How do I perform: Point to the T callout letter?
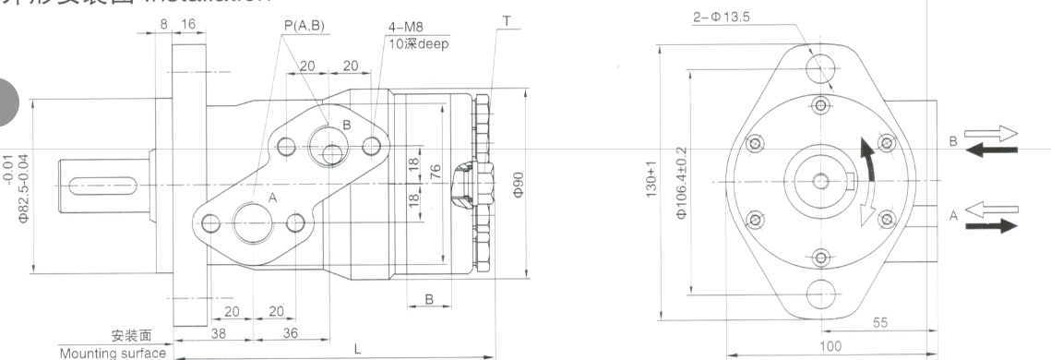(507, 20)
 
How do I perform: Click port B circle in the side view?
(328, 144)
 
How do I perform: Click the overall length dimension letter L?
(357, 348)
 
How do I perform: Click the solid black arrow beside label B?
(991, 150)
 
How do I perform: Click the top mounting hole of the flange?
(820, 66)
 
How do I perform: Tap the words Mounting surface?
(113, 353)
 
